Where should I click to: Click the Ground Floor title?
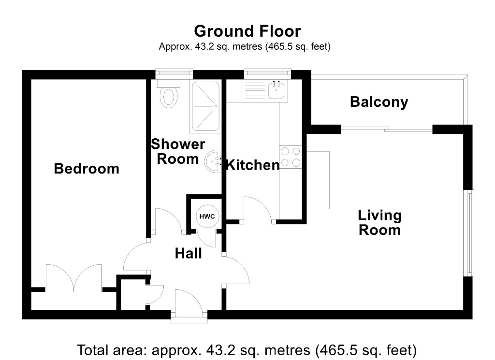tap(247, 31)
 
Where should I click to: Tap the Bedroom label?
tap(87, 169)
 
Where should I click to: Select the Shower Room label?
tap(178, 151)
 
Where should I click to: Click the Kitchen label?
tap(253, 165)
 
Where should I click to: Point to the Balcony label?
tap(379, 102)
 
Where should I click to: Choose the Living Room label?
tap(379, 222)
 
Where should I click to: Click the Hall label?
tap(188, 253)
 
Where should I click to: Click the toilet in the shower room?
tap(169, 94)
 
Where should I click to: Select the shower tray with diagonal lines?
tap(205, 106)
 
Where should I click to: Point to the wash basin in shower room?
tap(213, 161)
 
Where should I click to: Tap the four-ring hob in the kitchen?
tap(291, 157)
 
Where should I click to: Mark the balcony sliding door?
tap(387, 129)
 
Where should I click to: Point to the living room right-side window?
tap(469, 233)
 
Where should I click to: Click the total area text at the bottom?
tap(247, 349)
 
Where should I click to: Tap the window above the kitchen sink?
tap(268, 73)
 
